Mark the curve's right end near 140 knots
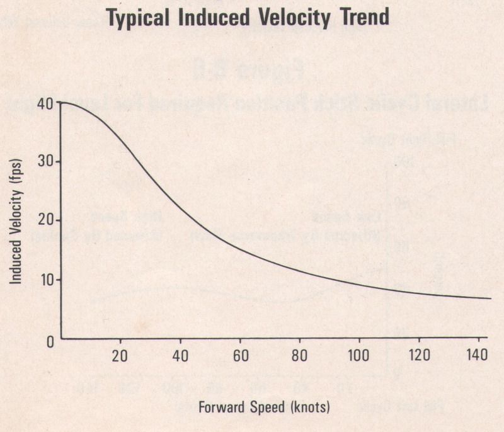(490, 298)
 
